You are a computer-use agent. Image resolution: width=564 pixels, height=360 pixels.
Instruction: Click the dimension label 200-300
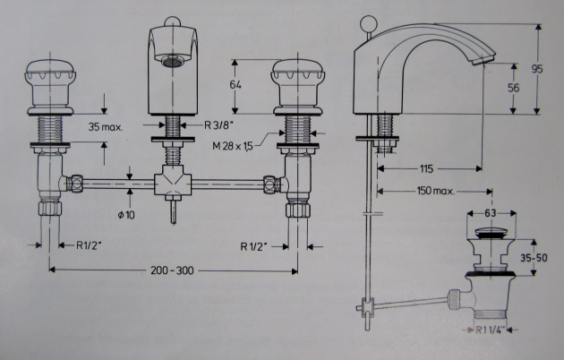tap(173, 270)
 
